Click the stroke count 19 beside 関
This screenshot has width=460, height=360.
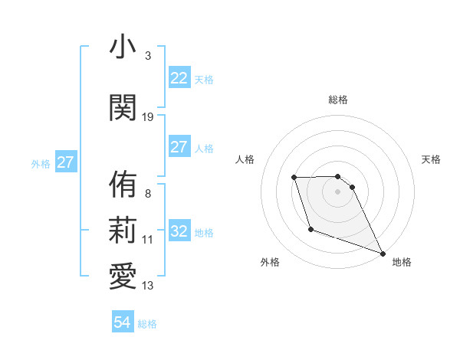tap(148, 116)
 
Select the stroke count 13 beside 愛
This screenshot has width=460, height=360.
tap(148, 286)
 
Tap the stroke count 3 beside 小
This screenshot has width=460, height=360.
tap(148, 56)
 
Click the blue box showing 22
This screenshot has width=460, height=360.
tap(179, 78)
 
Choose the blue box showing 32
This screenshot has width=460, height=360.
tap(179, 232)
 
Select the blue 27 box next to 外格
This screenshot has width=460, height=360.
tap(65, 162)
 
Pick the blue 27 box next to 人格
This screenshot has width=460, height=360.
tap(179, 148)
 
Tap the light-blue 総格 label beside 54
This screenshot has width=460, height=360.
tap(147, 324)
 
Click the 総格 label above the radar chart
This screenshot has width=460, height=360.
tap(337, 100)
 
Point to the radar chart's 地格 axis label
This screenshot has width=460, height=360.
tap(402, 262)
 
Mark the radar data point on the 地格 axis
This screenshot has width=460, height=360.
tap(383, 254)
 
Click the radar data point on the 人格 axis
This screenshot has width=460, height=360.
tap(294, 178)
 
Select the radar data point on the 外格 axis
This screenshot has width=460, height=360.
tap(310, 229)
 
